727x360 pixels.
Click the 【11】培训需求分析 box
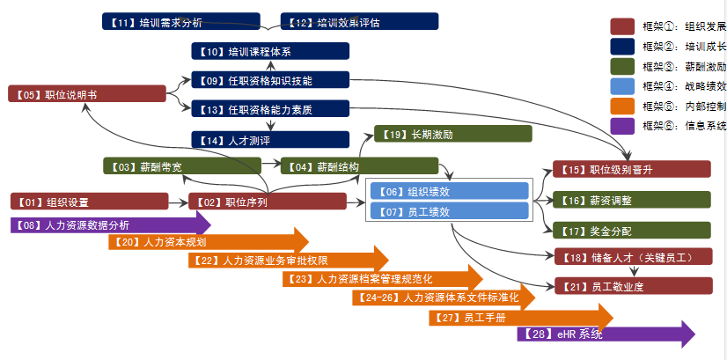(x=180, y=21)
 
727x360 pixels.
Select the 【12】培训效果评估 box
(x=359, y=21)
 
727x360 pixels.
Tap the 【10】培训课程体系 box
(x=270, y=51)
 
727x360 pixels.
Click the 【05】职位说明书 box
(x=87, y=93)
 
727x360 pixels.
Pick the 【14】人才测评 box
(x=270, y=139)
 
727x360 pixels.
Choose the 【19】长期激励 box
(x=452, y=134)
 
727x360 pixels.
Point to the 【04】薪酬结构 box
(x=359, y=165)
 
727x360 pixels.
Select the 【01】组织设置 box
(x=89, y=202)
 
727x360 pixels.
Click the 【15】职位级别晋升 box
(x=632, y=169)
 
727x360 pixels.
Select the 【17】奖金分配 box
(x=632, y=231)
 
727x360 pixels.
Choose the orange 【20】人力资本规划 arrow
(x=208, y=241)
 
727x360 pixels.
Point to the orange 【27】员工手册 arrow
(x=520, y=317)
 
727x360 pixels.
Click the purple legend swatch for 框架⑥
(x=622, y=125)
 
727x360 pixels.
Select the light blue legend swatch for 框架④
(x=622, y=85)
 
